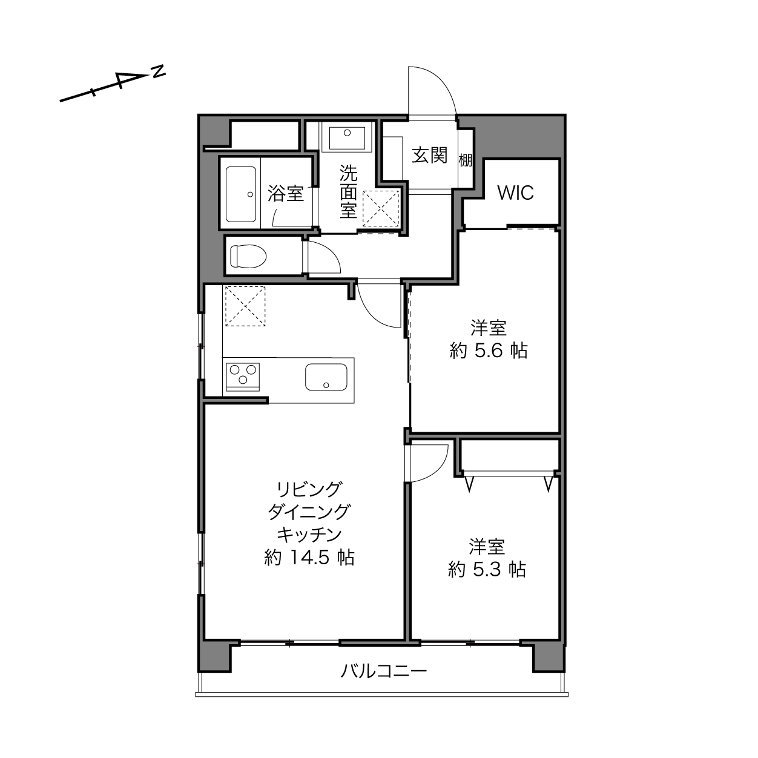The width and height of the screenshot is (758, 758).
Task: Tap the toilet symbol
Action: pos(248,255)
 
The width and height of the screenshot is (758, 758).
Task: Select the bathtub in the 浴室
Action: pos(241,194)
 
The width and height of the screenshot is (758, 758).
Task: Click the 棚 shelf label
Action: pos(466,160)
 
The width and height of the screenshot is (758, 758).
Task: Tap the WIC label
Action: pos(515,193)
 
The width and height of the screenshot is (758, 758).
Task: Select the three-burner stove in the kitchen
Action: pos(243,377)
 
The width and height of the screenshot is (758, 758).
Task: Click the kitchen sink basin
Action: pos(326,377)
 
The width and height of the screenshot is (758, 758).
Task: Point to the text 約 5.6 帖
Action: pos(488,351)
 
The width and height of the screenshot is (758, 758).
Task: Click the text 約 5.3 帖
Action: pos(487,569)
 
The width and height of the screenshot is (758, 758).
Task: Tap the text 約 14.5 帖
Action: pos(309,558)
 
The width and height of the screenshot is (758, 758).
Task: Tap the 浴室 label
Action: pos(286,193)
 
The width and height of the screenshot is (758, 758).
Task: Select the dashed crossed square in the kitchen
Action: pos(245,306)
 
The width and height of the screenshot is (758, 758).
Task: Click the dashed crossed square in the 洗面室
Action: pos(380,208)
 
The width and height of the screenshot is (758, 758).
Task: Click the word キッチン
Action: pos(309,535)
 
